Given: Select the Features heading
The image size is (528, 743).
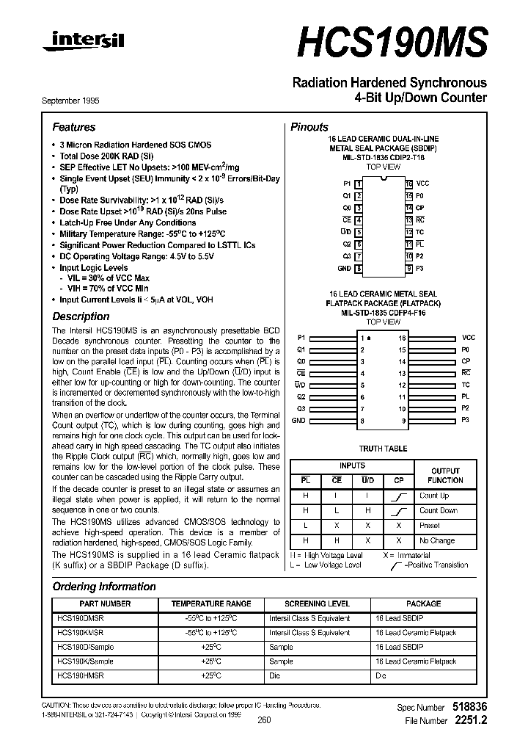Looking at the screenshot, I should pyautogui.click(x=73, y=127).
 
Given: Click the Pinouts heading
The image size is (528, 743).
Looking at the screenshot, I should pyautogui.click(x=309, y=127).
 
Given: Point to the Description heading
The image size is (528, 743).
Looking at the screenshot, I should pyautogui.click(x=81, y=316).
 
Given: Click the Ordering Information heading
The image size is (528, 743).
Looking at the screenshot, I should pyautogui.click(x=103, y=587).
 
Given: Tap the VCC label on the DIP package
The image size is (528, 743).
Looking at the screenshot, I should pyautogui.click(x=422, y=183).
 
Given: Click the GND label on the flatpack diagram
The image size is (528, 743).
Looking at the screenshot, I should pyautogui.click(x=298, y=421).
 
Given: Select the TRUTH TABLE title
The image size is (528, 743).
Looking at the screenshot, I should pyautogui.click(x=383, y=449).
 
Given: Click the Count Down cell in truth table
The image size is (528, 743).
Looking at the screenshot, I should pyautogui.click(x=438, y=510).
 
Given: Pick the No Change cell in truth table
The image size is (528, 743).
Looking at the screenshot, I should pyautogui.click(x=437, y=540).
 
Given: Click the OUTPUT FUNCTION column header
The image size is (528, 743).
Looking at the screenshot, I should pyautogui.click(x=445, y=475).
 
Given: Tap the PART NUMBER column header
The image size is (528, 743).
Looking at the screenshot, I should pyautogui.click(x=104, y=604).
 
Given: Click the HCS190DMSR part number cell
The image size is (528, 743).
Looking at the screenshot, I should pyautogui.click(x=80, y=618).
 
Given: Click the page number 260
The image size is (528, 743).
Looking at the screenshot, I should pyautogui.click(x=265, y=720).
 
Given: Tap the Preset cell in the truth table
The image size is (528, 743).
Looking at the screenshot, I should pyautogui.click(x=430, y=526).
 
